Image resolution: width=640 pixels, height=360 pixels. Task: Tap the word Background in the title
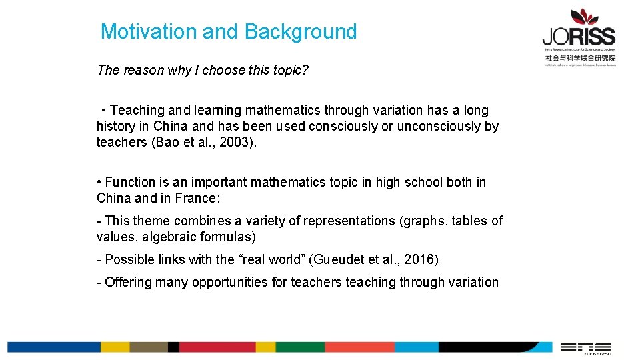pyautogui.click(x=301, y=31)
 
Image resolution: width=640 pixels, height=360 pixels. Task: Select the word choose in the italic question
pyautogui.click(x=224, y=70)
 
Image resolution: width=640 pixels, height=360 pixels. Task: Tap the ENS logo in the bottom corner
pyautogui.click(x=585, y=347)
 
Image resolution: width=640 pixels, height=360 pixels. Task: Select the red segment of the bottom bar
pyautogui.click(x=217, y=347)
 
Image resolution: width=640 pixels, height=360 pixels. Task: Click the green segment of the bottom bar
pyautogui.click(x=299, y=347)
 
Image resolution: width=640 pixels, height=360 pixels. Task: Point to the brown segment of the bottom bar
pyautogui.click(x=148, y=347)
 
